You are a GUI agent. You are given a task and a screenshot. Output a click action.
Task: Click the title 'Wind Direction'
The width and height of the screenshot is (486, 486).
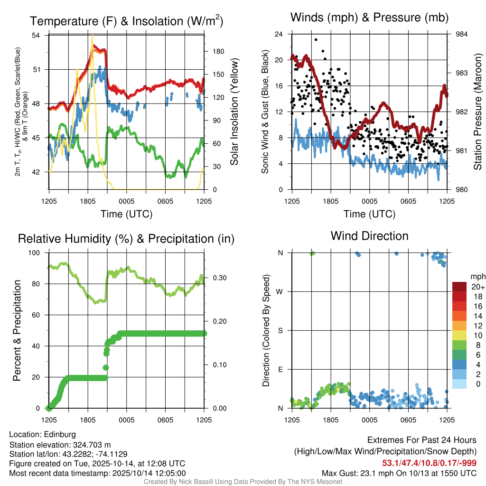coord(369,236)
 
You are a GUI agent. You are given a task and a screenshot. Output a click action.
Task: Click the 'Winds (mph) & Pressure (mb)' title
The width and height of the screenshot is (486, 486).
coord(369,18)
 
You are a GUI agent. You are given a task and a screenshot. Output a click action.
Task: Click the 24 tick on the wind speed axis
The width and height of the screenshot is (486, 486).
coord(279,34)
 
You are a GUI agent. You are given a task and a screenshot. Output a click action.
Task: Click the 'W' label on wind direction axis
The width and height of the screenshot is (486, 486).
coord(280,291)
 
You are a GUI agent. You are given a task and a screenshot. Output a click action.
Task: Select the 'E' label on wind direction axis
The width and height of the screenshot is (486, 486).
coord(280,369)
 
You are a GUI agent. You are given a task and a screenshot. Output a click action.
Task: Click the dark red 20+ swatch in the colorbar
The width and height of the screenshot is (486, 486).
coord(459,286)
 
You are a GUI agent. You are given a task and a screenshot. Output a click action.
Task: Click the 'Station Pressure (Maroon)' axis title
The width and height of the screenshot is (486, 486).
coord(478,112)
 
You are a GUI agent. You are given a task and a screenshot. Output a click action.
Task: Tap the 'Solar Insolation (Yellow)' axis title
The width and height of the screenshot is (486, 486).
coord(234,112)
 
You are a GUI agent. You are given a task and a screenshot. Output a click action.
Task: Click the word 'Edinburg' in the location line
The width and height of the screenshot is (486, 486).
coord(60,434)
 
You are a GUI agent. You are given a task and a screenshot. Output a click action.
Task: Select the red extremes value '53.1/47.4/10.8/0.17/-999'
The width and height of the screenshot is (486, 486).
coord(429,463)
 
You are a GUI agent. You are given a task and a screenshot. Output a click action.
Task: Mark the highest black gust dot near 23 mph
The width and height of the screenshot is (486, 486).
coord(316,40)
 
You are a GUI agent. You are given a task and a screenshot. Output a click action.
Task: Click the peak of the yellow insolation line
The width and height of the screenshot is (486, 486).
coord(92,36)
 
